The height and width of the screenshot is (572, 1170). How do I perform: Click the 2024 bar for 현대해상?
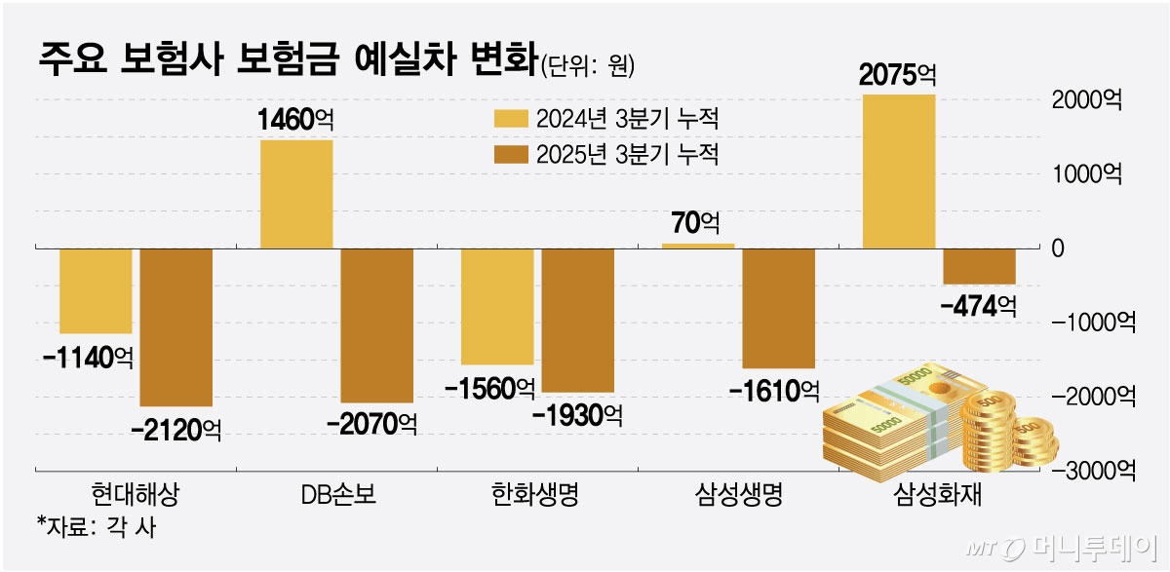pyautogui.click(x=96, y=290)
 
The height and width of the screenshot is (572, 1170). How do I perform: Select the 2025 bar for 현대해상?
pyautogui.click(x=176, y=326)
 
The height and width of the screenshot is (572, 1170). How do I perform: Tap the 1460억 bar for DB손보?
pyautogui.click(x=295, y=194)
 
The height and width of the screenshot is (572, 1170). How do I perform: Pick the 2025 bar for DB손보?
pyautogui.click(x=376, y=324)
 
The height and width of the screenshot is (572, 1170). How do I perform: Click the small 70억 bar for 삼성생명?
pyautogui.click(x=698, y=246)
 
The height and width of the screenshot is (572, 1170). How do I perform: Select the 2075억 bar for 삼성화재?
pyautogui.click(x=899, y=171)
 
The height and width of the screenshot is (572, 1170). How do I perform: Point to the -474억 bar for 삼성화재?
pyautogui.click(x=979, y=266)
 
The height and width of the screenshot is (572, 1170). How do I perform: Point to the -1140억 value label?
pyautogui.click(x=87, y=357)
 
